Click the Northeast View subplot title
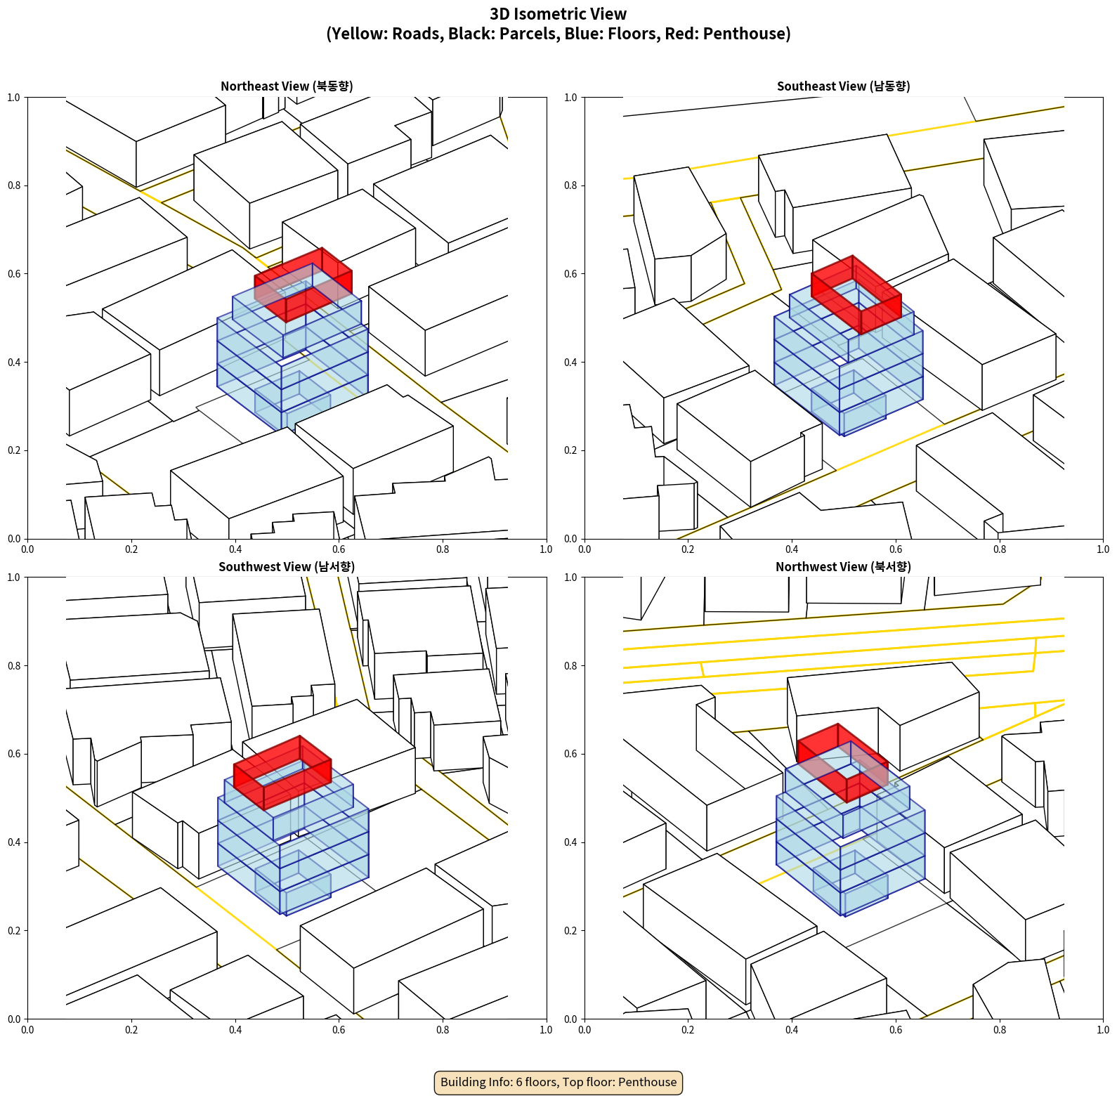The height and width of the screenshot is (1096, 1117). [287, 86]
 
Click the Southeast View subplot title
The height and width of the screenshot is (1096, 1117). [843, 86]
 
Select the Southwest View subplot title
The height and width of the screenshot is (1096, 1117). [287, 566]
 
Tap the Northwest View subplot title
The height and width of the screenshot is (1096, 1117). [843, 566]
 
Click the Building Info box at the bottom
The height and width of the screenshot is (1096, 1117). [558, 1082]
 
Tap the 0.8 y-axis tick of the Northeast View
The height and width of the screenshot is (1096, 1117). [14, 185]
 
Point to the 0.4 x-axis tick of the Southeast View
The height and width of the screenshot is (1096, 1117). [792, 549]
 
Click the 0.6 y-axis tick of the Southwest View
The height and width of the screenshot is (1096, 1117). [14, 754]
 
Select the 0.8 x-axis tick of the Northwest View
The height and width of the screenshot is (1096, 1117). [1000, 1030]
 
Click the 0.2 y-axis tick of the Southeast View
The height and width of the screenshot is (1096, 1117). [570, 450]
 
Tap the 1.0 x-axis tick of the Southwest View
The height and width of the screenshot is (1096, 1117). [547, 1030]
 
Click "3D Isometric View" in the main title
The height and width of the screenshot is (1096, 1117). [558, 14]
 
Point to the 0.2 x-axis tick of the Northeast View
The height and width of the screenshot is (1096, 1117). [131, 549]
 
